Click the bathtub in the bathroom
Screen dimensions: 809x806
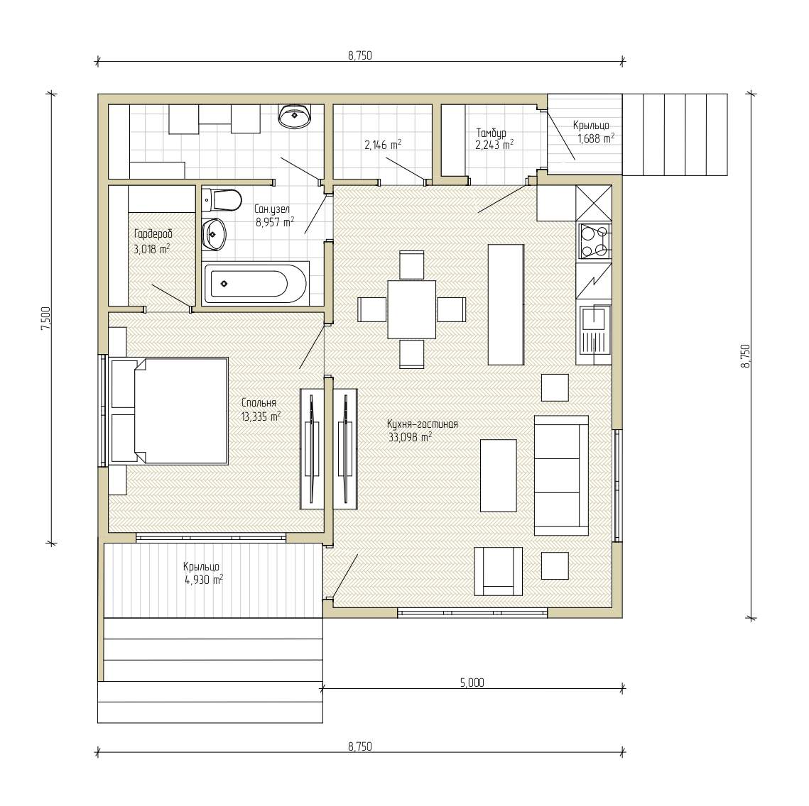256,283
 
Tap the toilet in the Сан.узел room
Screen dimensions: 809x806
222,200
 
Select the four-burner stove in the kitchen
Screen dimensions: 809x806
595,241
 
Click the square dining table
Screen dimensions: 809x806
412,309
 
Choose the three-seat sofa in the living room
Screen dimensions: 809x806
561,475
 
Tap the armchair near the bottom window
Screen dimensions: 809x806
498,571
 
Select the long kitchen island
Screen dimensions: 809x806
506,304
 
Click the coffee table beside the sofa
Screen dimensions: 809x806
499,475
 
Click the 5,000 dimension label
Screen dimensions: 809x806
472,683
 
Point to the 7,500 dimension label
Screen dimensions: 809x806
46,319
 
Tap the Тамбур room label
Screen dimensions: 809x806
491,133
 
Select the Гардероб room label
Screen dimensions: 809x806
153,233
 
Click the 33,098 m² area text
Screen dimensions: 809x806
410,438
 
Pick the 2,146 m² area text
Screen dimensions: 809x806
383,145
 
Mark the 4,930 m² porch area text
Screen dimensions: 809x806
204,580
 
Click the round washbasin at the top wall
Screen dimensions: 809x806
295,116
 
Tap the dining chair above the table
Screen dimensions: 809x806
412,265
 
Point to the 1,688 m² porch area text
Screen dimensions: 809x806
596,138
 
